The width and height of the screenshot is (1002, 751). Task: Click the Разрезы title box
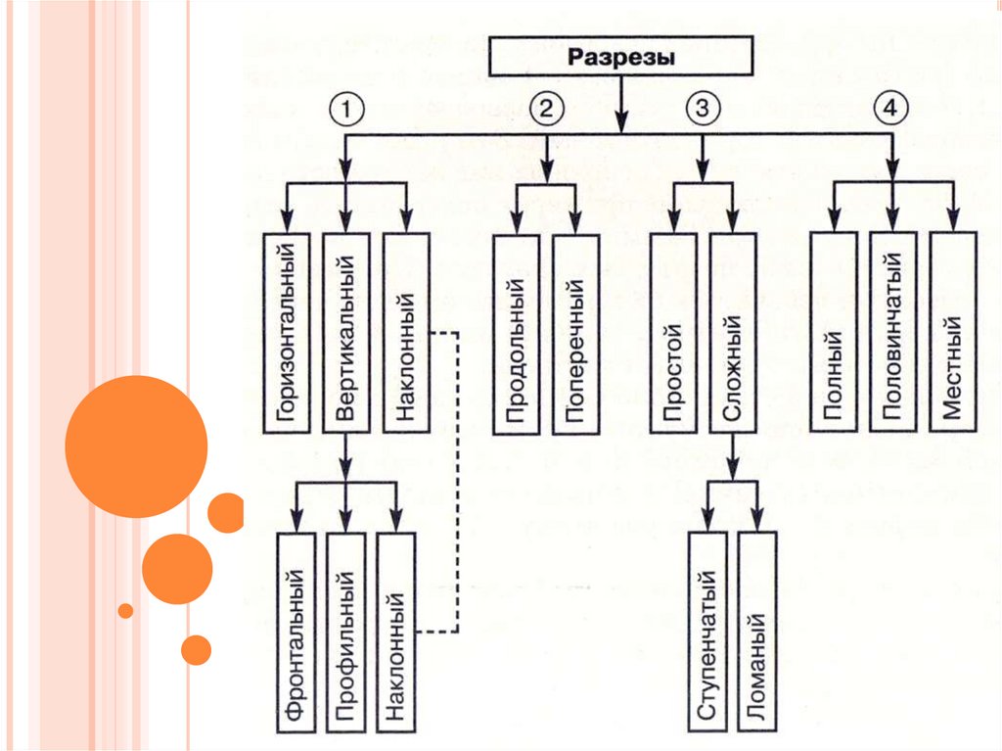coord(621,58)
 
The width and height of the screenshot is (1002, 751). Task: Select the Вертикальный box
coord(345,333)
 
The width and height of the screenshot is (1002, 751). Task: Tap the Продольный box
coord(516,335)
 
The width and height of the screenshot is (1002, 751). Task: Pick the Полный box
coord(834,333)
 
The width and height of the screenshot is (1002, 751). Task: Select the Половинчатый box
coord(892,333)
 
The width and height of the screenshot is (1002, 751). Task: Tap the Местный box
coord(952,333)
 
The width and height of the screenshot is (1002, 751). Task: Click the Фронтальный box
coord(299,632)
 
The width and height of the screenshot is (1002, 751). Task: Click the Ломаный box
coord(757,632)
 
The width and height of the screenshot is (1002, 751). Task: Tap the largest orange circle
coord(136,446)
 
